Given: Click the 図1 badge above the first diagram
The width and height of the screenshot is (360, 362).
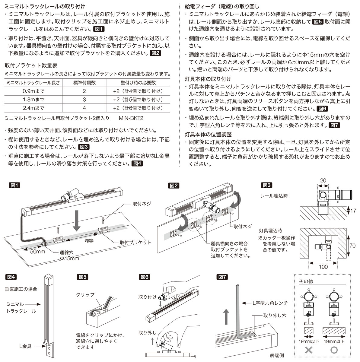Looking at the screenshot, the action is click(x=14, y=186).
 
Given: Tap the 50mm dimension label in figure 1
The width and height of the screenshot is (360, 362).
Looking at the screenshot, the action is click(x=38, y=252).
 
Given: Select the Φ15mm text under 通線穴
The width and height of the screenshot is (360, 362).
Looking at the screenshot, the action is click(x=69, y=259).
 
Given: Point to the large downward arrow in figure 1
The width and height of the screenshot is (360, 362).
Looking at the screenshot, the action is click(x=77, y=221).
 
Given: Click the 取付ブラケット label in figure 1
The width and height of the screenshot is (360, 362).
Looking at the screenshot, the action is click(x=135, y=243).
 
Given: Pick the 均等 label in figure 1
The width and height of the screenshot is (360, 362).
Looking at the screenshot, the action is click(x=89, y=241).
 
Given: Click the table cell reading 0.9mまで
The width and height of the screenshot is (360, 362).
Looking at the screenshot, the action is click(x=33, y=91).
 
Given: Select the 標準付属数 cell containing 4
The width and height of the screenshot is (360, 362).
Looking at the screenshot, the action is click(x=84, y=108).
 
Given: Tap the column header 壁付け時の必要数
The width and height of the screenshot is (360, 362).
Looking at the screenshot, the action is click(x=138, y=83).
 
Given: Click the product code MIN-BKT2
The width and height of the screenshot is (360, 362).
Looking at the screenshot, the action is click(x=131, y=118).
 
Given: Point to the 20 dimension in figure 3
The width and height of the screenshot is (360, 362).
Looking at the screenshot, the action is click(x=323, y=180).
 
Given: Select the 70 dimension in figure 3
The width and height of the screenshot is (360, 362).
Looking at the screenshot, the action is click(x=352, y=246).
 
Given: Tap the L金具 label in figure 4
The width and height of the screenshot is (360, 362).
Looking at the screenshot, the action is click(x=25, y=346).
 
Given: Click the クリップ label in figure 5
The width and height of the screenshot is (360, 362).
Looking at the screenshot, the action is click(x=85, y=295).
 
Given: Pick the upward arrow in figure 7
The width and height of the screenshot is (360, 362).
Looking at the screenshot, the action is click(x=226, y=317).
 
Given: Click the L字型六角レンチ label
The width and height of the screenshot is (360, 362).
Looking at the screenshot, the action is click(x=270, y=303).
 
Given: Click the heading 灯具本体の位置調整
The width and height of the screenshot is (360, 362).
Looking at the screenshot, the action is click(x=208, y=134).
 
